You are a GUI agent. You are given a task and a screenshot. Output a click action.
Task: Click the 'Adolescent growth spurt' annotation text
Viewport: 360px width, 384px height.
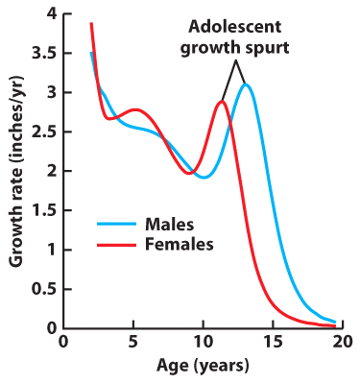point(235,36)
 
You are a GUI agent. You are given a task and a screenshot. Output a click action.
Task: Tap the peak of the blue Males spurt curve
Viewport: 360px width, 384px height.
point(247,84)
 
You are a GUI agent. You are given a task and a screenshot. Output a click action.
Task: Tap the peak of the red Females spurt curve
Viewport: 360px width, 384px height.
point(222,101)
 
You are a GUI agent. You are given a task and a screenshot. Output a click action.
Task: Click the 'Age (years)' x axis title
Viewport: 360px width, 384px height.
point(203,366)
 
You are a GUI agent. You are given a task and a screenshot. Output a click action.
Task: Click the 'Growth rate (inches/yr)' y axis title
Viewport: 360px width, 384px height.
point(15,171)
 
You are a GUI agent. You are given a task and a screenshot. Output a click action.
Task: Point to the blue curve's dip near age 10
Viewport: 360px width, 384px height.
point(203,177)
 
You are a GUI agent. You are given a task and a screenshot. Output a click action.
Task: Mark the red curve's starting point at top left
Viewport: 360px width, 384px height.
point(91,23)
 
